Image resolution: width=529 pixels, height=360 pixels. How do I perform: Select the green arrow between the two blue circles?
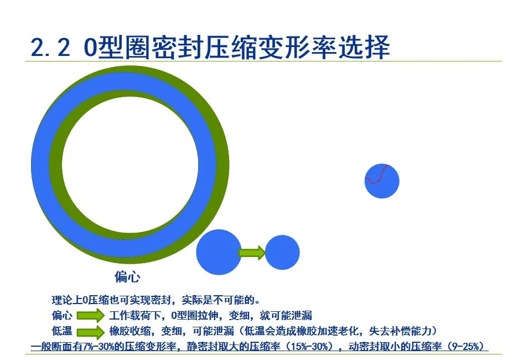tap(252, 253)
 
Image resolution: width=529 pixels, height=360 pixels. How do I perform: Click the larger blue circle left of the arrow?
tap(219, 252)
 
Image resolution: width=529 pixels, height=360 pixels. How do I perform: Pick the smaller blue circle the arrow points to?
tap(282, 253)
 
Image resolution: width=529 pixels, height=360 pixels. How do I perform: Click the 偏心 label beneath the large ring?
tap(127, 276)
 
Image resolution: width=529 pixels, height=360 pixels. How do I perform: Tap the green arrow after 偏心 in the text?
tap(90, 316)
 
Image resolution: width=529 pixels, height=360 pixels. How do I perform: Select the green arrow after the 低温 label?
tap(90, 332)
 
